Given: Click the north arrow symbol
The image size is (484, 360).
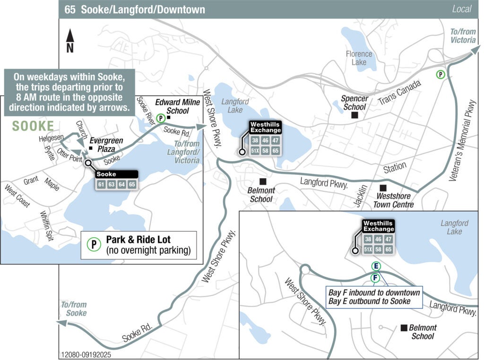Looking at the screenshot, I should [x=70, y=40].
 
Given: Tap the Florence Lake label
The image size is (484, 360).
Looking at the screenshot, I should [x=359, y=58].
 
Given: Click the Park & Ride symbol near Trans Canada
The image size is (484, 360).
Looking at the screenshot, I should [x=441, y=74].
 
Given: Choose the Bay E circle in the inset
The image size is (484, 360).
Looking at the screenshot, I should [x=376, y=266].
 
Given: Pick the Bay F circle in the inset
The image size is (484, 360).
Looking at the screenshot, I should [x=375, y=277].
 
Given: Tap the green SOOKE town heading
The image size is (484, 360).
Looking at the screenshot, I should [x=33, y=126].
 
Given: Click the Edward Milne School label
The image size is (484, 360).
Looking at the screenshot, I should [x=171, y=106].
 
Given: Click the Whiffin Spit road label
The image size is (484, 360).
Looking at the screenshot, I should [x=47, y=225].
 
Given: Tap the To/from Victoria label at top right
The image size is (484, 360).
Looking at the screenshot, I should [x=462, y=36].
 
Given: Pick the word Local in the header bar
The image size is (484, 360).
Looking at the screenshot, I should [x=462, y=9].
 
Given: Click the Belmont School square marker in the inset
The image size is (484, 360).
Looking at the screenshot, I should [x=404, y=327].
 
